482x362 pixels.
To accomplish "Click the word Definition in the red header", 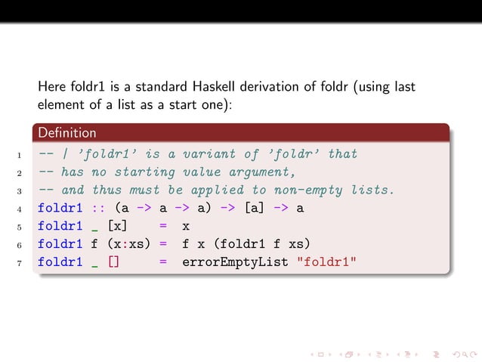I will [67, 134].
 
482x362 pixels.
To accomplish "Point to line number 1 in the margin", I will [17, 155].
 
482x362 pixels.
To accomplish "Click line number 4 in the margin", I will [17, 208].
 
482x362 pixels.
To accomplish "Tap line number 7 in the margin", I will [17, 263].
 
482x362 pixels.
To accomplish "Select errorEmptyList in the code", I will [234, 262].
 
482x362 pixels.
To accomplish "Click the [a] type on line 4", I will [255, 208].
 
